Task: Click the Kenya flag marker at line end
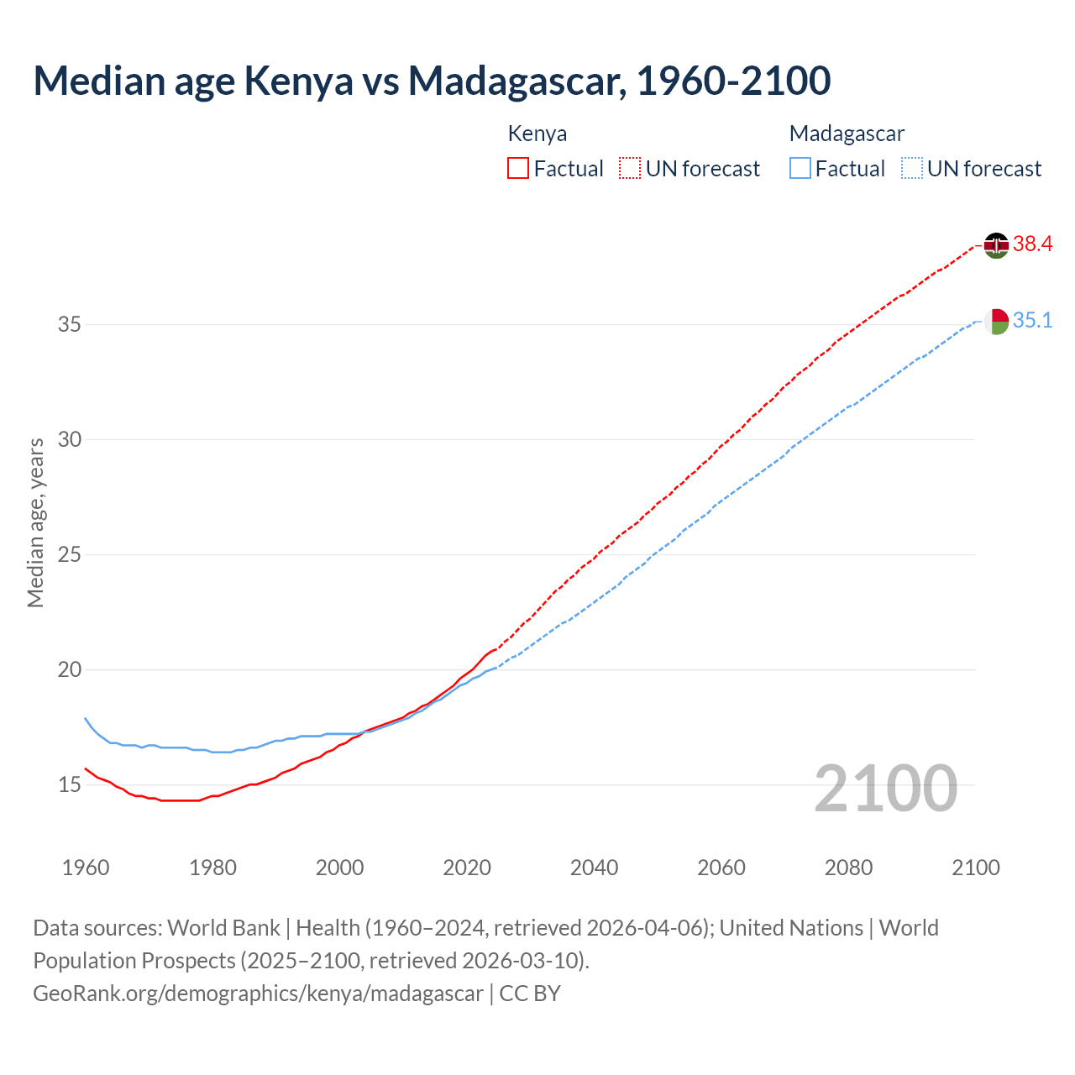coord(996,245)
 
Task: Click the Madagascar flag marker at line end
coord(996,321)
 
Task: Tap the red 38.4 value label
coord(1032,244)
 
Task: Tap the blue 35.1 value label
coord(1032,321)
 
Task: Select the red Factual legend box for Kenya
coord(518,169)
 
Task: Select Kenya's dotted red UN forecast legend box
coord(630,169)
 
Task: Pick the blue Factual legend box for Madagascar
coord(800,169)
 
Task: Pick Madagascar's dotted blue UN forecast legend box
coord(911,169)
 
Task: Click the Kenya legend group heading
coord(537,134)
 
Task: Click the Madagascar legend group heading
coord(847,134)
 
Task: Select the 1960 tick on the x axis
coord(86,868)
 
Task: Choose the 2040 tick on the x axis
coord(594,868)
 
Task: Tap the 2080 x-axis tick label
coord(848,868)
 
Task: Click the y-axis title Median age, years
coord(35,522)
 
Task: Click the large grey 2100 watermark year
coord(885,788)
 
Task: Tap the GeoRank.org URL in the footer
coord(258,994)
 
